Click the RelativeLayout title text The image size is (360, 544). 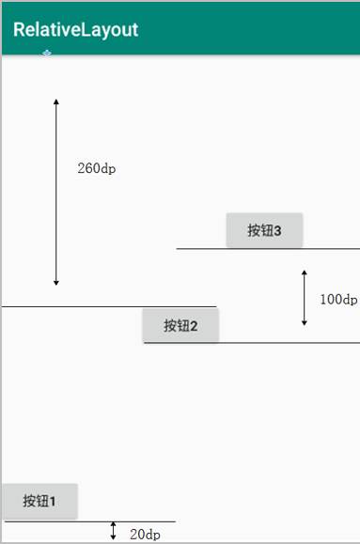point(75,30)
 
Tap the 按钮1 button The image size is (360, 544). point(39,501)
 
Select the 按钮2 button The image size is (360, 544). point(180,326)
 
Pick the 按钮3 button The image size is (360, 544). point(264,230)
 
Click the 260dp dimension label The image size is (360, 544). point(97,169)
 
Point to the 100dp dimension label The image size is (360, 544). point(337,300)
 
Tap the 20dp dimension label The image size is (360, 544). point(145,535)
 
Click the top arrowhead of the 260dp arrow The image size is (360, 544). point(56,101)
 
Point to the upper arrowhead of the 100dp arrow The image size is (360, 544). point(304,273)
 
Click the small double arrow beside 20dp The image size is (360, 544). point(113,531)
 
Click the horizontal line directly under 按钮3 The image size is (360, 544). point(268,249)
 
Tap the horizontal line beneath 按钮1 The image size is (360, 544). point(89,521)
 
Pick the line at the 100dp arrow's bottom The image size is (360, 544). point(291,343)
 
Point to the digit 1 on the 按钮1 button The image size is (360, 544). point(53,501)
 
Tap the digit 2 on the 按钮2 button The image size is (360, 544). point(194,326)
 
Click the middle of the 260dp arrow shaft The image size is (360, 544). point(56,191)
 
